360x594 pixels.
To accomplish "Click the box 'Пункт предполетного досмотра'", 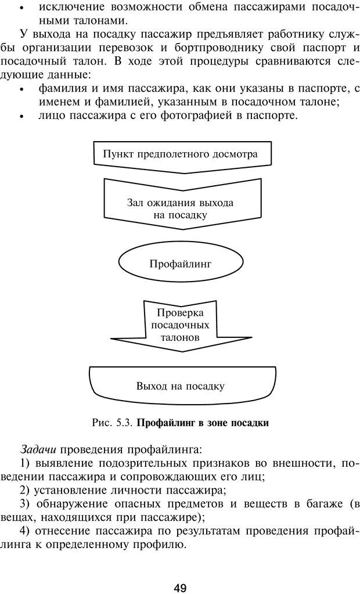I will coord(180,154).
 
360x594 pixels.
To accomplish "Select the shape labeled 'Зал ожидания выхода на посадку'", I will coord(180,208).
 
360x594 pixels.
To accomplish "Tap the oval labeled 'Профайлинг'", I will coord(180,264).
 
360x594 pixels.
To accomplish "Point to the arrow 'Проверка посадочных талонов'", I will coord(179,325).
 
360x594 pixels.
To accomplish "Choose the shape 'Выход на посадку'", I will coord(180,386).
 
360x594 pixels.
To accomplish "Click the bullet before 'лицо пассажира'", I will coord(21,116).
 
